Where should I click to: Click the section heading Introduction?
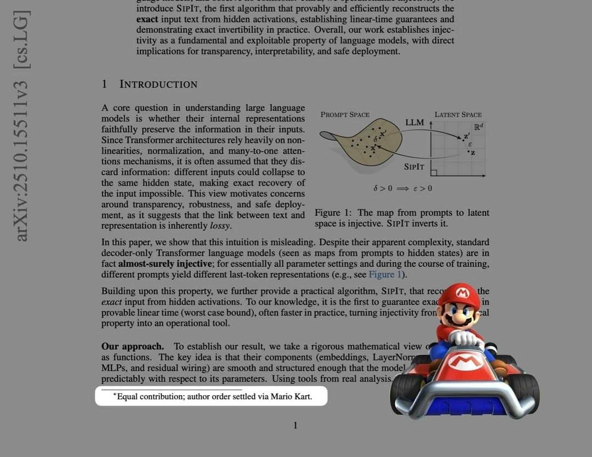(158, 84)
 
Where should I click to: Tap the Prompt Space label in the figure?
(345, 115)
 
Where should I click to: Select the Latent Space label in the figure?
(458, 115)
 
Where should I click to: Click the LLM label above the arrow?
(415, 122)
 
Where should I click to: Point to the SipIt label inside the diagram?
(414, 166)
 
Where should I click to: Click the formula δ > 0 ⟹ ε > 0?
(403, 188)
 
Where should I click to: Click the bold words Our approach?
(132, 346)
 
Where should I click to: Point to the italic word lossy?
(220, 226)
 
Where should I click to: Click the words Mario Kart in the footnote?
(291, 396)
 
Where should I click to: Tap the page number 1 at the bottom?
(295, 425)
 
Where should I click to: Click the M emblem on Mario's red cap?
(462, 294)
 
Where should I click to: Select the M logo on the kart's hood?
(462, 360)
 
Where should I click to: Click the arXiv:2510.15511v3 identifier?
(22, 160)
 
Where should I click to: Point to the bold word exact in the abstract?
(147, 19)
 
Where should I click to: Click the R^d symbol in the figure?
(478, 126)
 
